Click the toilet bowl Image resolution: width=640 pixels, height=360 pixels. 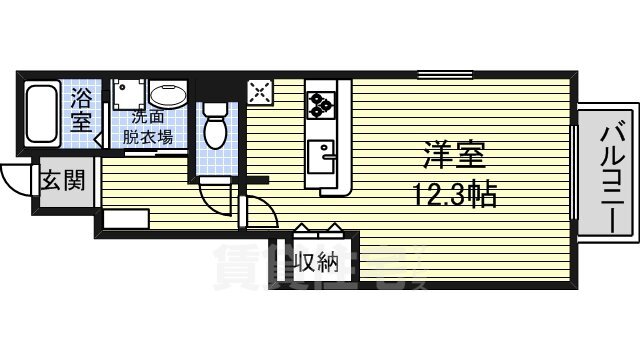point(215,128)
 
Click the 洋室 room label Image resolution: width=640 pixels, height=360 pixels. point(453,158)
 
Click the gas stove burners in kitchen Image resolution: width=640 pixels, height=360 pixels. point(322,102)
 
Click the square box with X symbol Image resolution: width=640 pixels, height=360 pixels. point(260,93)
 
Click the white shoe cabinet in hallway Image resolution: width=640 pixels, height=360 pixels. point(126,218)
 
